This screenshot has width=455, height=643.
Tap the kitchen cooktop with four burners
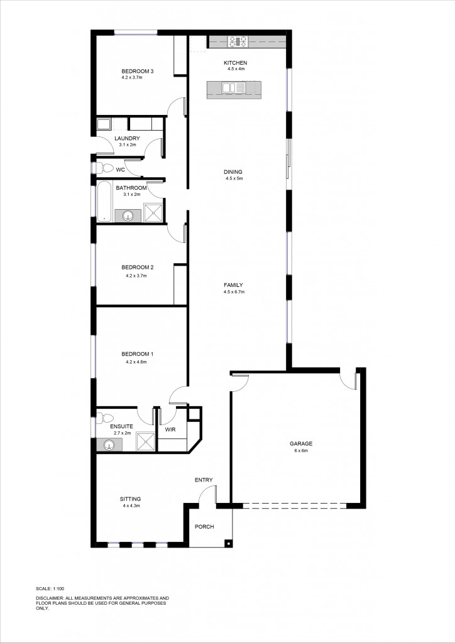click(x=238, y=42)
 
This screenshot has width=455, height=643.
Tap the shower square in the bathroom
click(x=154, y=213)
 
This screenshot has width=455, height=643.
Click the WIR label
click(x=170, y=430)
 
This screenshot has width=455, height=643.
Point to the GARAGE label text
click(x=301, y=443)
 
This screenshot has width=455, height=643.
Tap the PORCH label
click(x=204, y=526)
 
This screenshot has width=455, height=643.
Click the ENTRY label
click(x=204, y=480)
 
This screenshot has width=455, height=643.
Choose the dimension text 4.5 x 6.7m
click(x=234, y=292)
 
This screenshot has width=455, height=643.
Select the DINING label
click(x=233, y=171)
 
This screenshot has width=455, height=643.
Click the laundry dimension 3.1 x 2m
click(x=128, y=145)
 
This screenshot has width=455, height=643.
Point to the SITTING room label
click(x=130, y=499)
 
